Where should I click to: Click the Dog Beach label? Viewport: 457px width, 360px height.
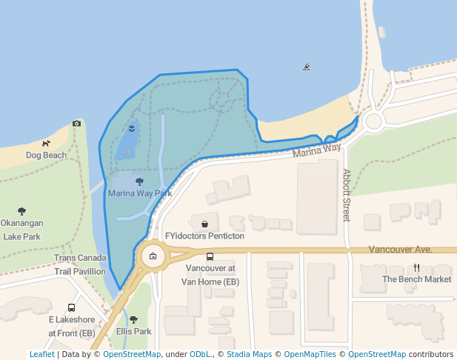pyautogui.click(x=46, y=156)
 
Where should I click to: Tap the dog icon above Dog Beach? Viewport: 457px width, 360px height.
pyautogui.click(x=46, y=143)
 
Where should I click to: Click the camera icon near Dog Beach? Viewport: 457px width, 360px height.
pyautogui.click(x=76, y=123)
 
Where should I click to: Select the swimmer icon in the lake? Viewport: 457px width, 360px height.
pyautogui.click(x=307, y=67)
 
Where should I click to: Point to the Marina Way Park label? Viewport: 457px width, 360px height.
pyautogui.click(x=140, y=193)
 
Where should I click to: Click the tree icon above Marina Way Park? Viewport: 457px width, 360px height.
pyautogui.click(x=140, y=181)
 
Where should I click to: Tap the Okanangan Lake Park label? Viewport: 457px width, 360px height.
pyautogui.click(x=21, y=230)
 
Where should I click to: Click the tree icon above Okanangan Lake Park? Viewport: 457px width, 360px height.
pyautogui.click(x=21, y=211)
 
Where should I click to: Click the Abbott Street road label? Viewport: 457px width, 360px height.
pyautogui.click(x=346, y=195)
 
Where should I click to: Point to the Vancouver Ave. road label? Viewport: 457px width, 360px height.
pyautogui.click(x=400, y=250)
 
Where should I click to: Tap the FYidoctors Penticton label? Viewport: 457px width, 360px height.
pyautogui.click(x=204, y=236)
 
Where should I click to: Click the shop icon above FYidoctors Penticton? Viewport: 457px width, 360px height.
pyautogui.click(x=204, y=224)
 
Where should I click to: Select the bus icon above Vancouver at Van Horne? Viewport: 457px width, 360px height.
pyautogui.click(x=210, y=256)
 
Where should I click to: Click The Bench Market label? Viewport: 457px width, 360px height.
pyautogui.click(x=416, y=279)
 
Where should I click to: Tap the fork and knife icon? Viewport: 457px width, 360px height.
pyautogui.click(x=417, y=268)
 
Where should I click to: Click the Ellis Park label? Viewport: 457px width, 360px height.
pyautogui.click(x=133, y=331)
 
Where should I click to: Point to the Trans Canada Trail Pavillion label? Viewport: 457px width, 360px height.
pyautogui.click(x=79, y=264)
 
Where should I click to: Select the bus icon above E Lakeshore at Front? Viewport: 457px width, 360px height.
pyautogui.click(x=72, y=307)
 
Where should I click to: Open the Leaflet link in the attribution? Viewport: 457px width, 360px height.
pyautogui.click(x=41, y=354)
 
